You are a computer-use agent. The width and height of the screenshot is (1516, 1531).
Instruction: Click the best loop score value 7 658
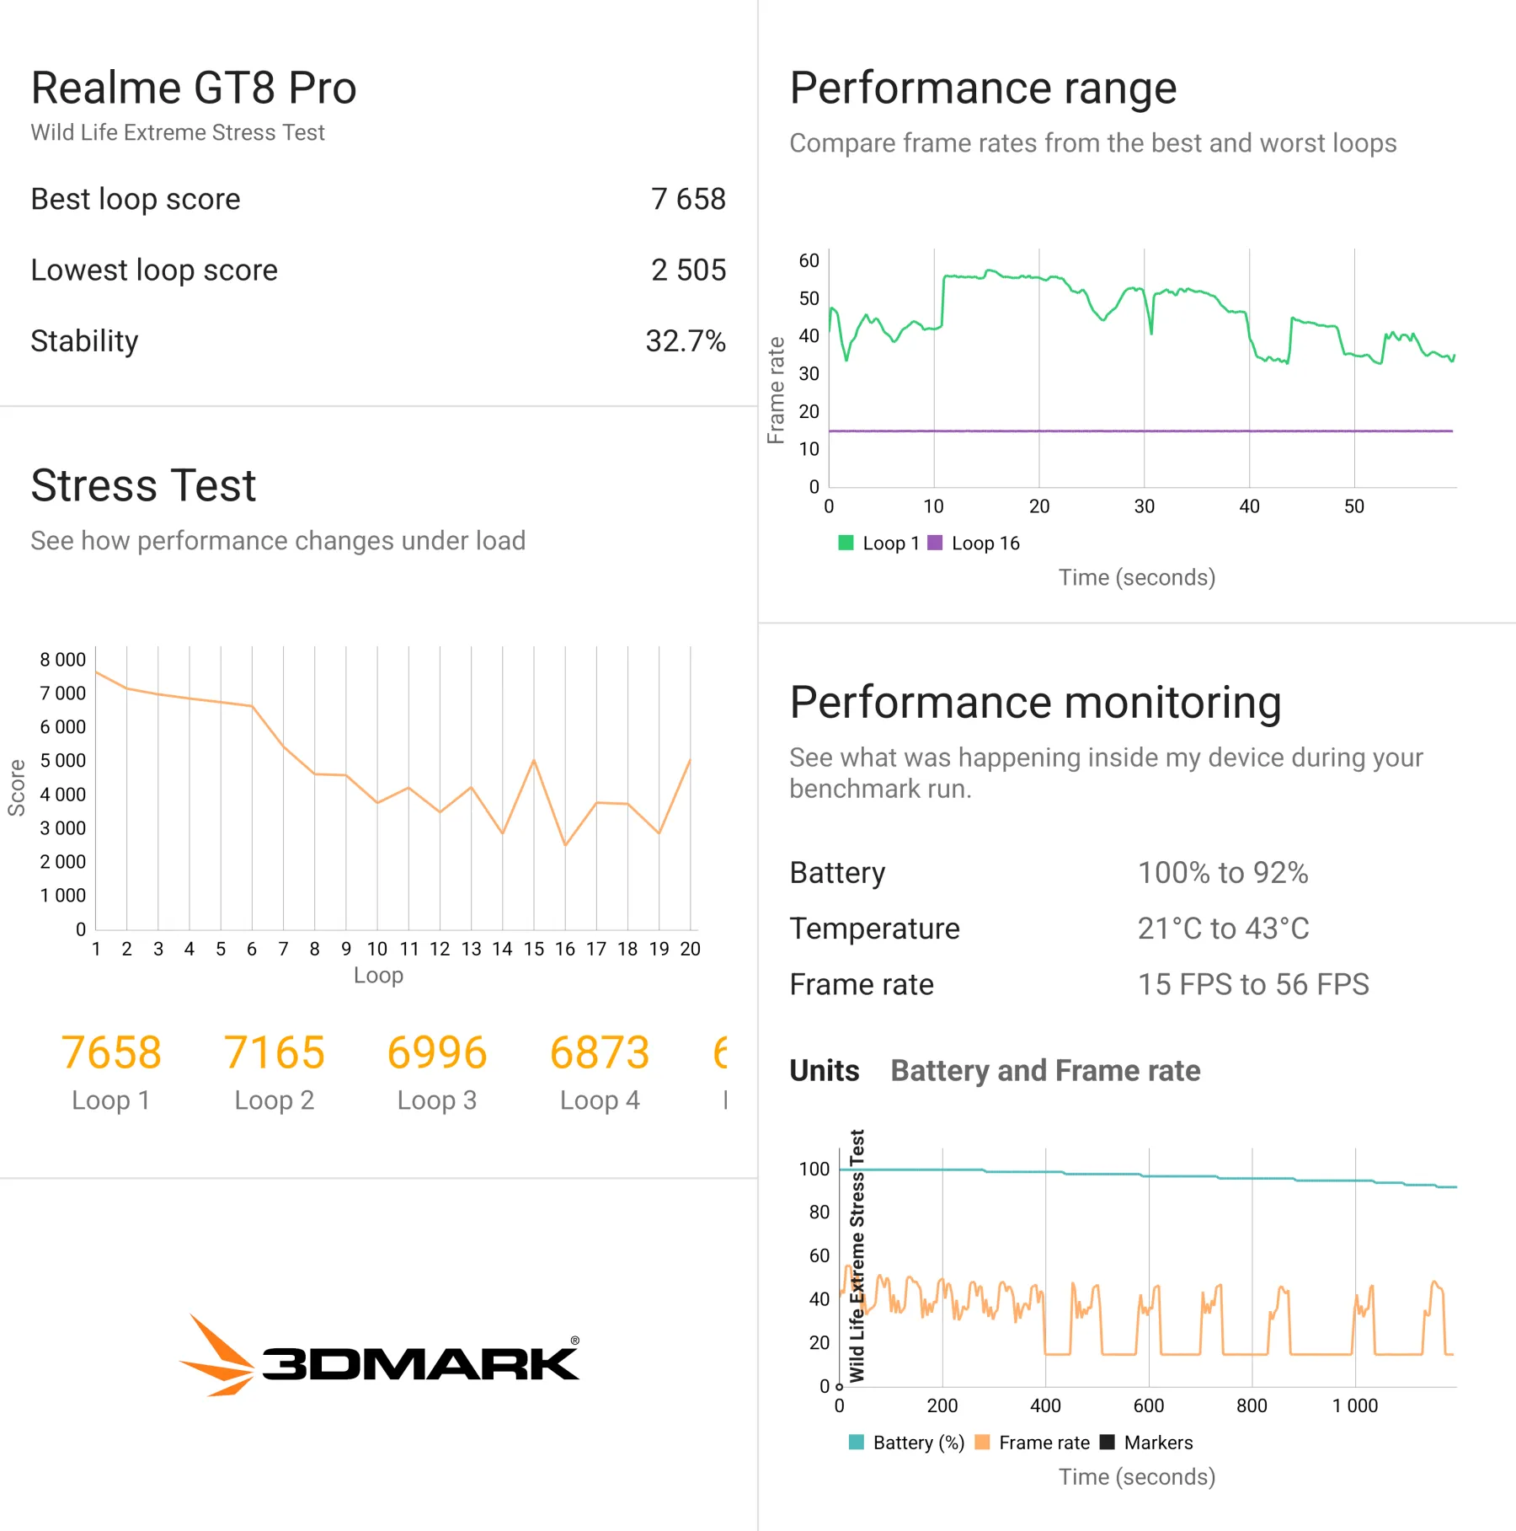point(687,200)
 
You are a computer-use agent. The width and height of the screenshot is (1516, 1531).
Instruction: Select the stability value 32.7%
point(685,341)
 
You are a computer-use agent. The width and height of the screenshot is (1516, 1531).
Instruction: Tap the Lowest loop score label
point(154,270)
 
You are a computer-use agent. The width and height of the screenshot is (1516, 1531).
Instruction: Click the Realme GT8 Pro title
point(194,88)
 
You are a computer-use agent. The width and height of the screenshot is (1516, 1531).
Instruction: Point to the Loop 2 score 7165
point(274,1053)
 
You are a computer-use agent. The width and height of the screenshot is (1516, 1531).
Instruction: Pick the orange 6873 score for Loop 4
point(600,1053)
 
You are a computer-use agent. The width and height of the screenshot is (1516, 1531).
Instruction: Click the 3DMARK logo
point(379,1357)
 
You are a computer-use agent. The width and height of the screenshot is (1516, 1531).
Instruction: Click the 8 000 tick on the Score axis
point(63,660)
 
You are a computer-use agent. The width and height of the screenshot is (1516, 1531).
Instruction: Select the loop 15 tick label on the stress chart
point(534,950)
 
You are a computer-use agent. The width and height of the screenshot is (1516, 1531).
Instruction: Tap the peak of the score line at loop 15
point(534,761)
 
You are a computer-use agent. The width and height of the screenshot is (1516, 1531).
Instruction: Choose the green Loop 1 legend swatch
point(846,543)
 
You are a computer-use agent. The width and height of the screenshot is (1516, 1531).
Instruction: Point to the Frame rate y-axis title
point(776,390)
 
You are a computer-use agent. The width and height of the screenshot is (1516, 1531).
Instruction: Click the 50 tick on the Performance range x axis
point(1354,506)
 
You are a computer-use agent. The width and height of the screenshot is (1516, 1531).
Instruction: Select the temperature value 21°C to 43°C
point(1223,929)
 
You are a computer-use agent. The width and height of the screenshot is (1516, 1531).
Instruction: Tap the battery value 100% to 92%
point(1223,873)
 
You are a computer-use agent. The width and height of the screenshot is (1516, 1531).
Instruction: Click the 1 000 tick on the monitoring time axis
point(1354,1405)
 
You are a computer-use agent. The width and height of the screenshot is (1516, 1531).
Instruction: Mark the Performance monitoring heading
point(1035,703)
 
